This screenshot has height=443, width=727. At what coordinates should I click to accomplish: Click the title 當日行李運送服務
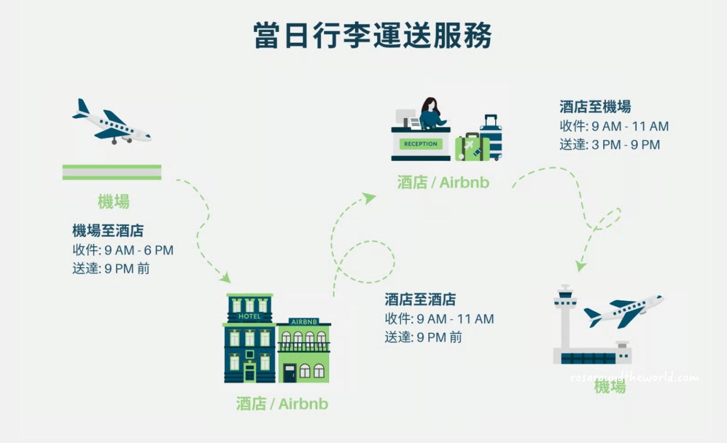click(x=373, y=35)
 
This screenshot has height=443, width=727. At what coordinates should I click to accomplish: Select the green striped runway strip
click(x=112, y=172)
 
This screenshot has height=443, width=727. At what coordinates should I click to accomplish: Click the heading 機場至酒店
click(x=108, y=231)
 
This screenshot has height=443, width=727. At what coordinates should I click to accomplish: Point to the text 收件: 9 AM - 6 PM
click(x=123, y=250)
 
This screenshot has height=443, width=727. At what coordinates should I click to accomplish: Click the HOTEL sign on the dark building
click(x=250, y=316)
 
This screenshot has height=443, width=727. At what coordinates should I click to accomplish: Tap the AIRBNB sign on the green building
click(x=303, y=321)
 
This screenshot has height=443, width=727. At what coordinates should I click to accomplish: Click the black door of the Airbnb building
click(x=290, y=373)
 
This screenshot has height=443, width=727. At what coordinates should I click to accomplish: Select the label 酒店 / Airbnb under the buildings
click(x=282, y=404)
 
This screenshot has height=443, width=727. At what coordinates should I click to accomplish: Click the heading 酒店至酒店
click(x=420, y=299)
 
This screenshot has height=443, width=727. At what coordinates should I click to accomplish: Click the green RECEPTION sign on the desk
click(x=420, y=144)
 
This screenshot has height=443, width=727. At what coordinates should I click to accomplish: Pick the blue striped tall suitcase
click(x=491, y=138)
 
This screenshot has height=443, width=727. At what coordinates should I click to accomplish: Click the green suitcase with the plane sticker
click(x=471, y=147)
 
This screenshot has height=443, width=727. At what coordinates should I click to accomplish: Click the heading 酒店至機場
click(x=595, y=106)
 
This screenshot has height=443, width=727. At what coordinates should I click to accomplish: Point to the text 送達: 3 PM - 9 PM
click(x=610, y=145)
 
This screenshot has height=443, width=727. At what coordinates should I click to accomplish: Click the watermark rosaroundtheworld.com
click(x=634, y=377)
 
